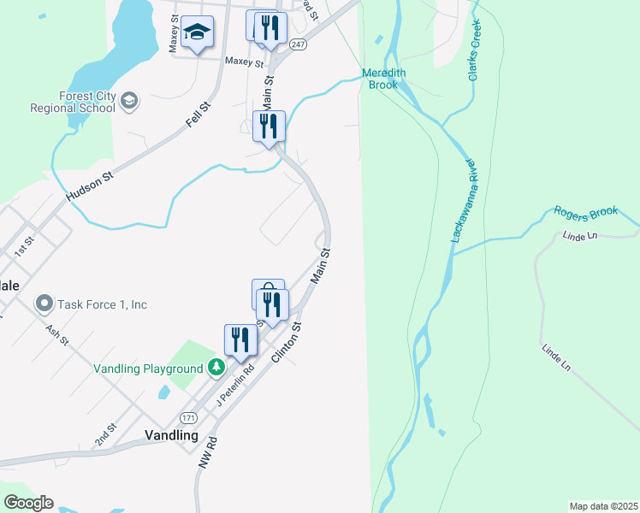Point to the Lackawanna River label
coord(462,199)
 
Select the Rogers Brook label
coord(585,213)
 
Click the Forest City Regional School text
coord(73,103)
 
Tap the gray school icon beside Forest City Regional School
coord(129,102)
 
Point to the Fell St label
coord(199,116)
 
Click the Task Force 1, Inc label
coord(102,304)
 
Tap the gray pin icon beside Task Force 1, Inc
coord(44,304)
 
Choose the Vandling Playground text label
coord(148,369)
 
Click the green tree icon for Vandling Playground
coord(217,368)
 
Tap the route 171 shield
coord(189,417)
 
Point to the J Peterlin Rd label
coord(236,386)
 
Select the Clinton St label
coord(287,342)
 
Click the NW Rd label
coord(207,451)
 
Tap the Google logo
coord(28,503)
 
